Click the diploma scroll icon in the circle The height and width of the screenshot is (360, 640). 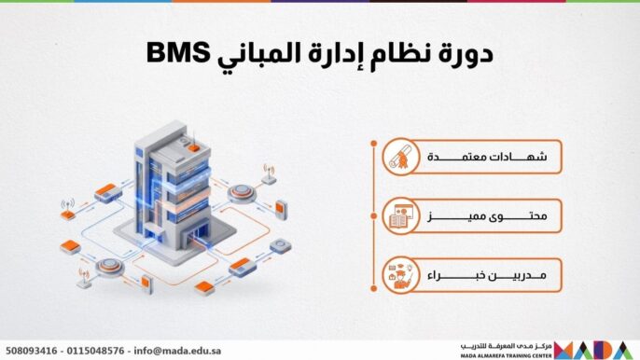click(399, 159)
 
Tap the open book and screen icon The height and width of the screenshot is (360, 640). click(399, 217)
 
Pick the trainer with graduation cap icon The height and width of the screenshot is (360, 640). click(399, 275)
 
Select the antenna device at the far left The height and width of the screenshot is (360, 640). click(67, 209)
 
